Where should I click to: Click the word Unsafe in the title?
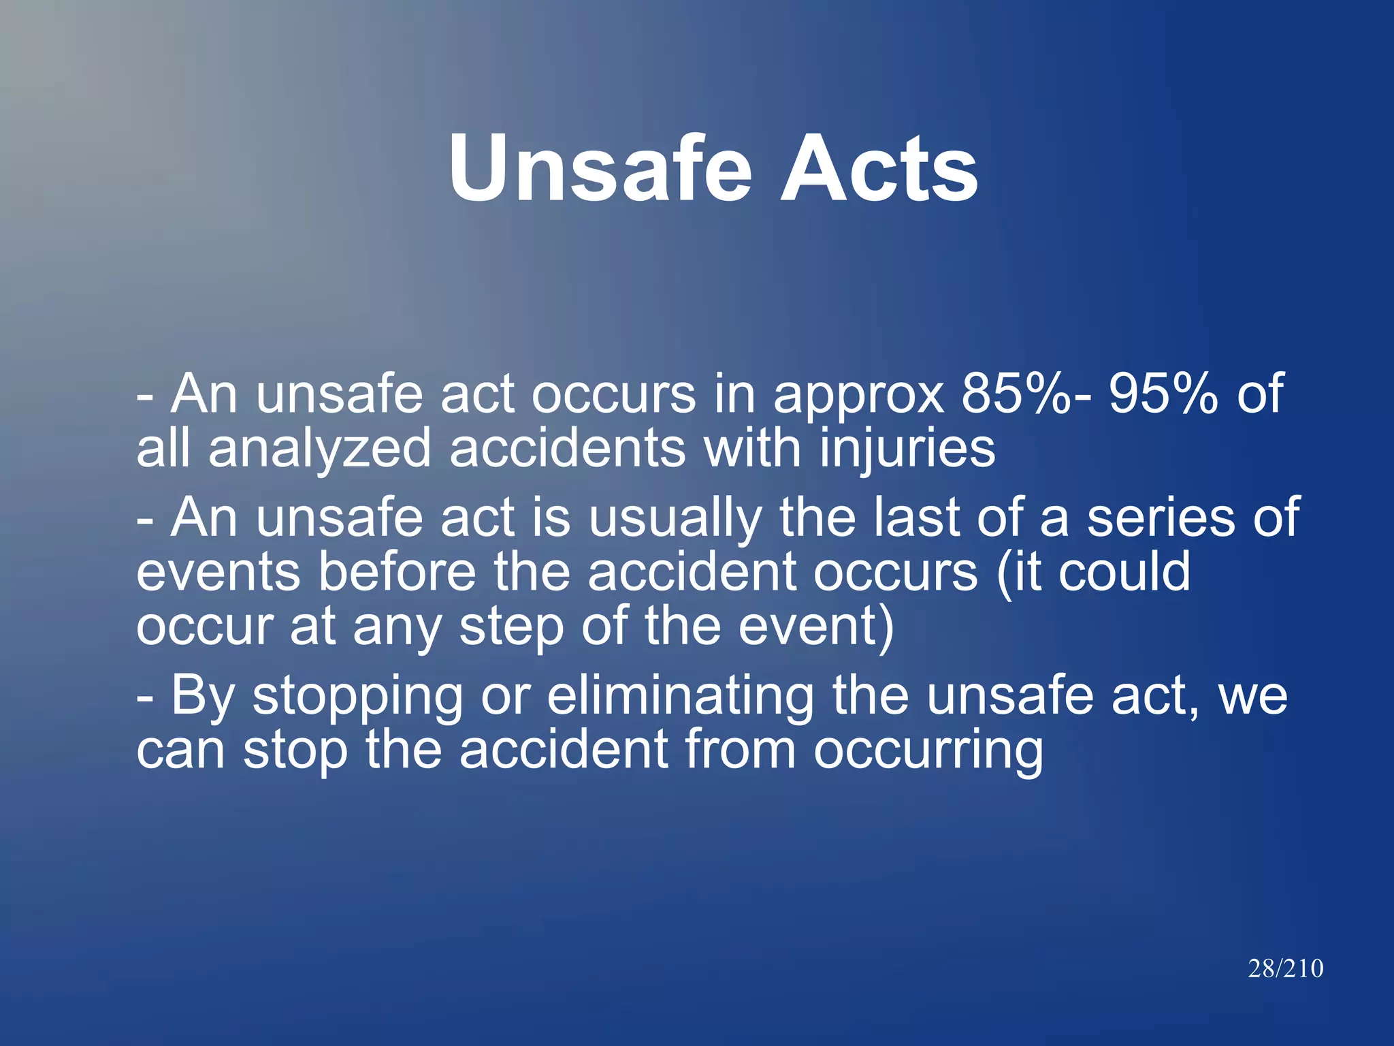click(600, 168)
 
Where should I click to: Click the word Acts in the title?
click(879, 168)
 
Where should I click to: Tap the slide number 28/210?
click(1285, 968)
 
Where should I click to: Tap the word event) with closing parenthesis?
click(816, 628)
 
